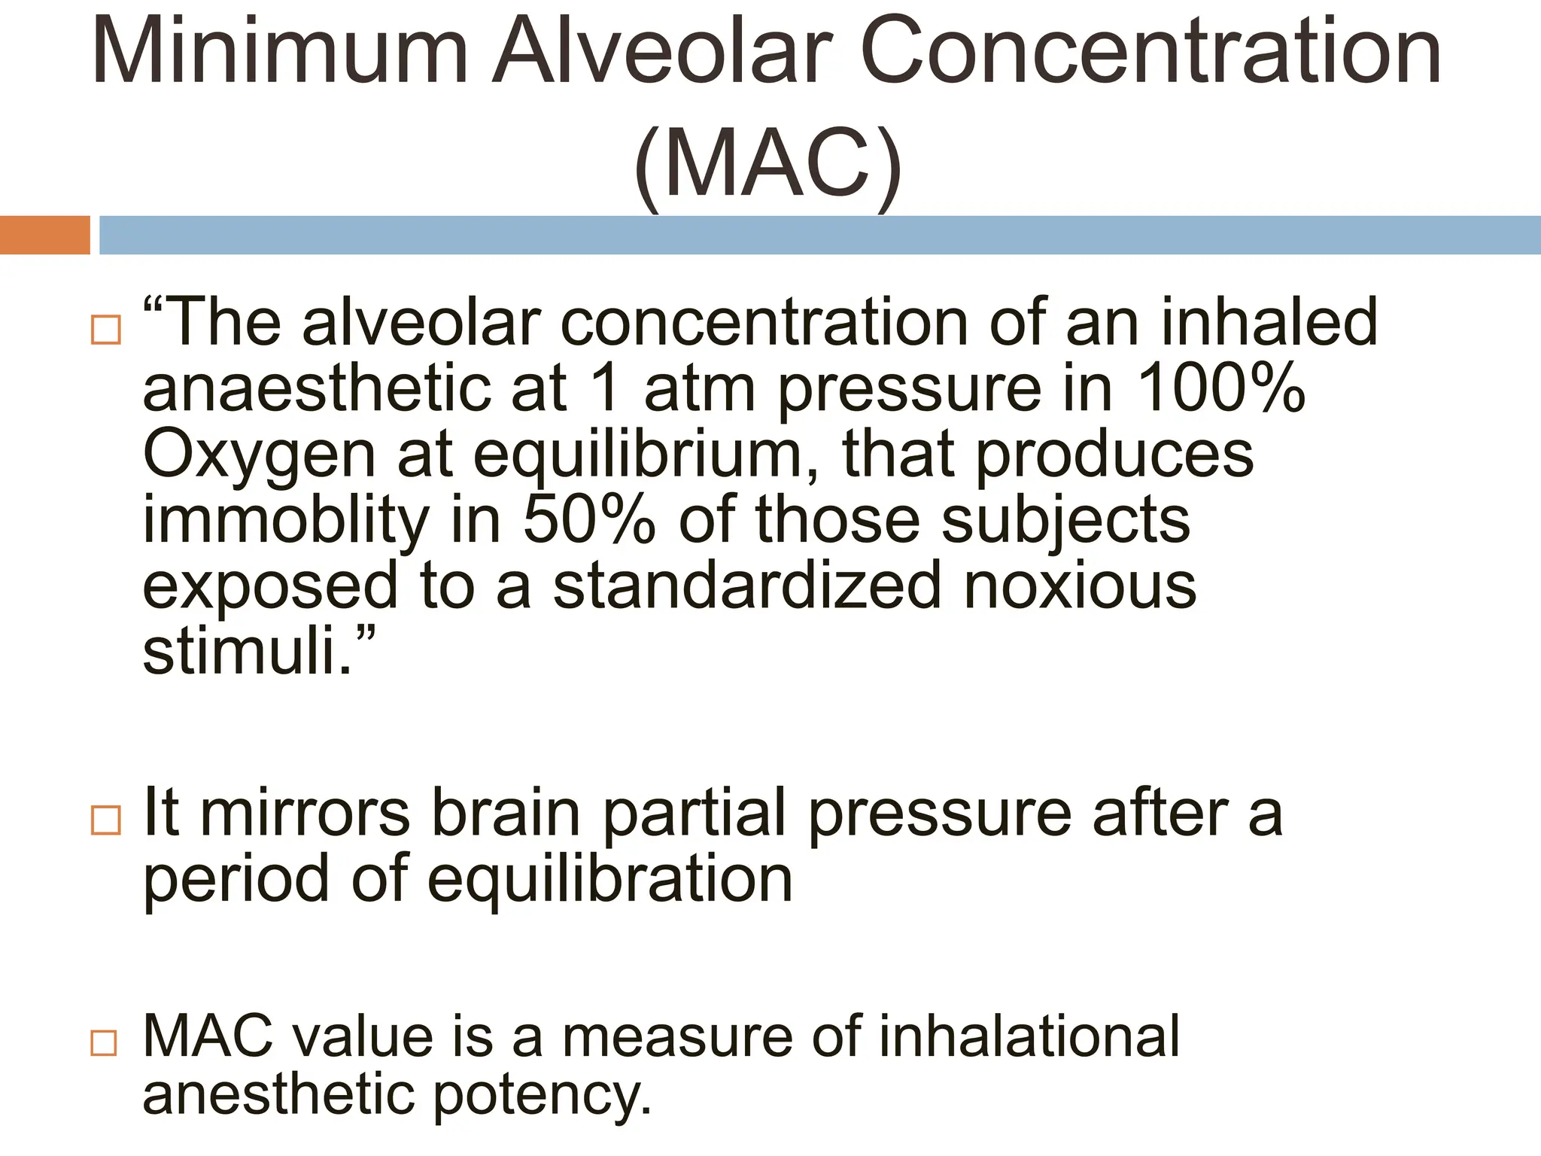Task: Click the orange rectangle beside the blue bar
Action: (44, 235)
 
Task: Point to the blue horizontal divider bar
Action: (819, 235)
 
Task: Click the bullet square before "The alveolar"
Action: (105, 330)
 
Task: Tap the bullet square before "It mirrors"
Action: (105, 820)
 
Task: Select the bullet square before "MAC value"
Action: (104, 1043)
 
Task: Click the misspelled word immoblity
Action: (285, 521)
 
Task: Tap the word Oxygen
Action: (259, 456)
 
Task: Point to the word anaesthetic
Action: (315, 389)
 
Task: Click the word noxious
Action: (1080, 586)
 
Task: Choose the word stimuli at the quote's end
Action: (242, 650)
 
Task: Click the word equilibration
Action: (610, 879)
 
